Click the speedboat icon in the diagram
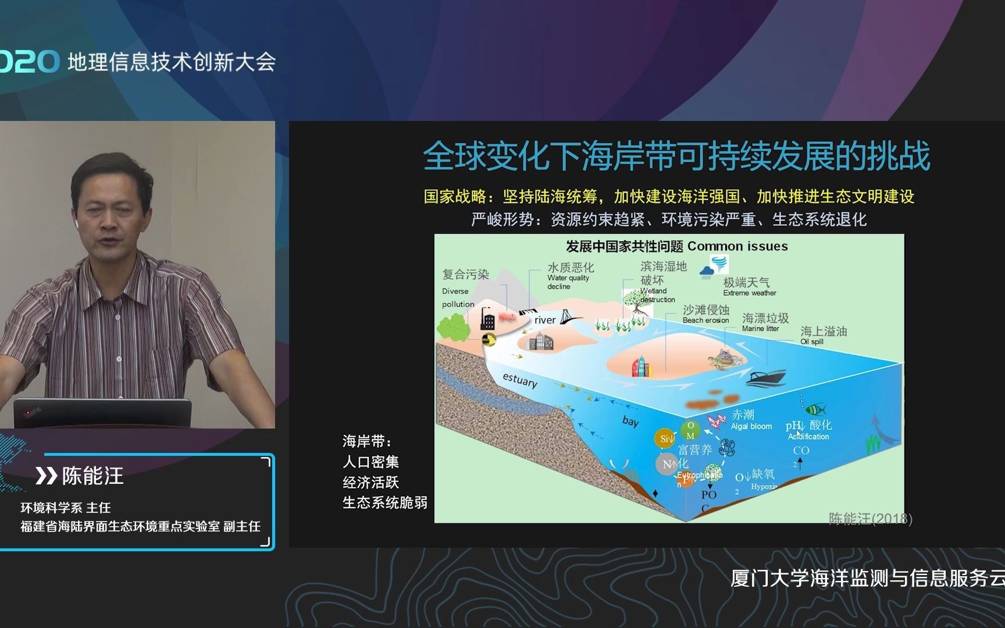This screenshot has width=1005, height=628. point(765,378)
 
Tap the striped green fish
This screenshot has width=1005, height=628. point(815,409)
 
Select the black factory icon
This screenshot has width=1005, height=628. point(487,319)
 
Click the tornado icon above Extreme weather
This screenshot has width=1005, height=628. point(719,265)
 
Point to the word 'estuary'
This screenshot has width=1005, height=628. point(519,380)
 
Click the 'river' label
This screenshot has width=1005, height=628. point(545,320)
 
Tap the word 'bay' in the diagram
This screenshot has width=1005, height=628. point(630,421)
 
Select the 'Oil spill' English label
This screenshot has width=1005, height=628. point(811,342)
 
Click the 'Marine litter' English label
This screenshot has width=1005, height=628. point(760,329)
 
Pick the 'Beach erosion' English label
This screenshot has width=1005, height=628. point(705,320)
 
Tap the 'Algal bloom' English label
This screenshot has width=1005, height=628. point(751,426)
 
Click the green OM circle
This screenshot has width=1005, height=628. point(690,431)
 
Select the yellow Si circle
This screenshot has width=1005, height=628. point(665,439)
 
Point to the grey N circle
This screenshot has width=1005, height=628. point(667,464)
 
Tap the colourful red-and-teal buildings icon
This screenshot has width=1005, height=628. point(641,366)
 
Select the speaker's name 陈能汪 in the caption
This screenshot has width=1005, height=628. point(93,476)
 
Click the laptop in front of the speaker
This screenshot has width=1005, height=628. point(102,413)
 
